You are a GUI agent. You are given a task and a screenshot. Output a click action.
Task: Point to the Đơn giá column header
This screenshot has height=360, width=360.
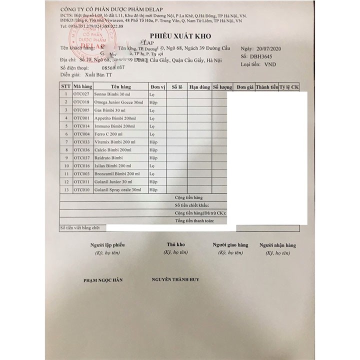click(x=245, y=86)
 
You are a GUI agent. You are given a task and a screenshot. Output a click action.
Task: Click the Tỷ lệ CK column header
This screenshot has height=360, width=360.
click(x=288, y=86)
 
